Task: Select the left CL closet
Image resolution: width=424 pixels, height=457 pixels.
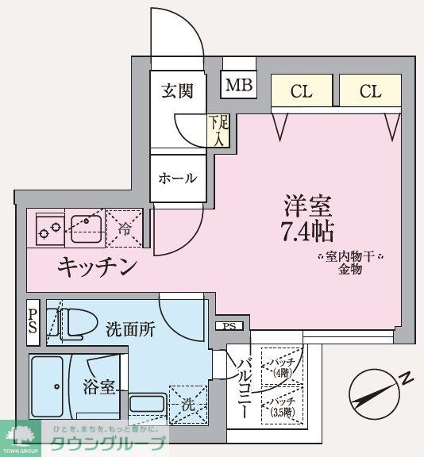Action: [301, 91]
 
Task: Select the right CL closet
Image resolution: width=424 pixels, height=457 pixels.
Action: [370, 91]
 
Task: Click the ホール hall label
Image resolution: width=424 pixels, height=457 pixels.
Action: [178, 179]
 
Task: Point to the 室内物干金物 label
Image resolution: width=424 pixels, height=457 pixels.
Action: [350, 263]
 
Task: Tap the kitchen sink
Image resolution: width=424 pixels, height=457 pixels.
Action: [83, 229]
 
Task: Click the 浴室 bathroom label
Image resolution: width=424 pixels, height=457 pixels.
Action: [101, 388]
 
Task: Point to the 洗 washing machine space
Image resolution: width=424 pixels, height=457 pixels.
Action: [187, 405]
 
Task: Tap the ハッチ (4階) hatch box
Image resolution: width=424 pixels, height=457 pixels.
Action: [283, 367]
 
